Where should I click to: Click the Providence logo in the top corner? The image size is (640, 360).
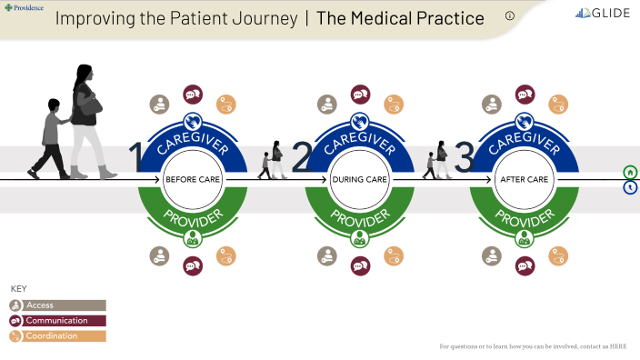(x=25, y=7)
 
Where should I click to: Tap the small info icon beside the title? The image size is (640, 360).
(x=510, y=15)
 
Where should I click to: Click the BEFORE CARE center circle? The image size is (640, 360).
(x=192, y=180)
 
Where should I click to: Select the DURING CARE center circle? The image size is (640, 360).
(x=359, y=180)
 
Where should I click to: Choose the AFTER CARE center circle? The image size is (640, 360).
(x=525, y=180)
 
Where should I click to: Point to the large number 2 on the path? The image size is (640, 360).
(x=302, y=158)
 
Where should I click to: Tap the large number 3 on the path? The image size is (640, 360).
(x=465, y=158)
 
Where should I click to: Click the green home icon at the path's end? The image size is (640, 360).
(x=630, y=172)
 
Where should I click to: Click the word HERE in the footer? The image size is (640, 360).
(x=618, y=346)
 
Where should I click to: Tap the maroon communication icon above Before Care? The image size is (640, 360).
(x=193, y=95)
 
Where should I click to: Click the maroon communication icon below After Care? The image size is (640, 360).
(x=525, y=265)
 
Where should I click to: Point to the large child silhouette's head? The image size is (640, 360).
(x=54, y=105)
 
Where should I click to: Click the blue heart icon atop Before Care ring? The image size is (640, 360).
(x=192, y=121)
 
